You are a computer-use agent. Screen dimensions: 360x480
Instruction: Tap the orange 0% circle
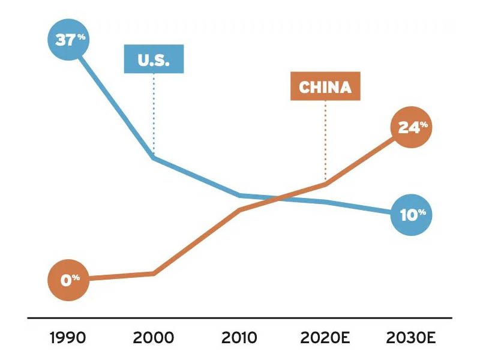click(70, 279)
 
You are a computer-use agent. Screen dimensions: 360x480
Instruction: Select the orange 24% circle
click(412, 127)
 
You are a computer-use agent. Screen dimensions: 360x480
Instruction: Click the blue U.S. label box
click(154, 59)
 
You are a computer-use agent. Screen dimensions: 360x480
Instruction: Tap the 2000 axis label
click(154, 337)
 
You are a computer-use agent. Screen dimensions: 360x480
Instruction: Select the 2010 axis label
click(240, 337)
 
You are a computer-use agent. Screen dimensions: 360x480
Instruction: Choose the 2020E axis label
click(325, 337)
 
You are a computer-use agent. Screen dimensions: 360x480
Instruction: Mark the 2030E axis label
click(412, 337)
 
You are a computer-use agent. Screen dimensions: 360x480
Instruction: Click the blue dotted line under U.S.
click(154, 114)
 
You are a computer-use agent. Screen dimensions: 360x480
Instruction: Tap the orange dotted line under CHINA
click(325, 141)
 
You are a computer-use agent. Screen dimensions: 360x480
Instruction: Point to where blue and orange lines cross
click(277, 199)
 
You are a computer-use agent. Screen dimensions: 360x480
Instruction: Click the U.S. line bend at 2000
click(154, 157)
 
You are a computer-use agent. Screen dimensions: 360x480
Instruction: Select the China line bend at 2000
click(154, 274)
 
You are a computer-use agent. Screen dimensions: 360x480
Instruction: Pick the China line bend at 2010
click(240, 210)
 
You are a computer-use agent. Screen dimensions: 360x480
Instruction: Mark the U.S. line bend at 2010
click(240, 195)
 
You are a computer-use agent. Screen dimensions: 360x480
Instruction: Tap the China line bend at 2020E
click(325, 184)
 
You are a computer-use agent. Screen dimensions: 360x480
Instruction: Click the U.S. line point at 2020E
click(325, 202)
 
